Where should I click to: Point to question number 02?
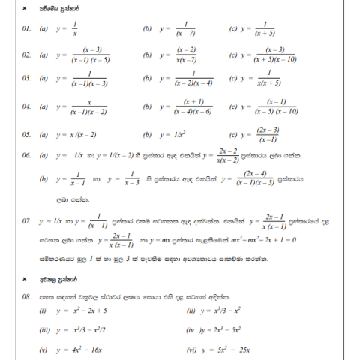pos(26,55)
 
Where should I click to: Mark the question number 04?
pos(26,106)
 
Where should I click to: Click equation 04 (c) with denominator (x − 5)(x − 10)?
pos(271,106)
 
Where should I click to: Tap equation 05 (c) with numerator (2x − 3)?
pos(265,135)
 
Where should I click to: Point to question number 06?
pos(26,156)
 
